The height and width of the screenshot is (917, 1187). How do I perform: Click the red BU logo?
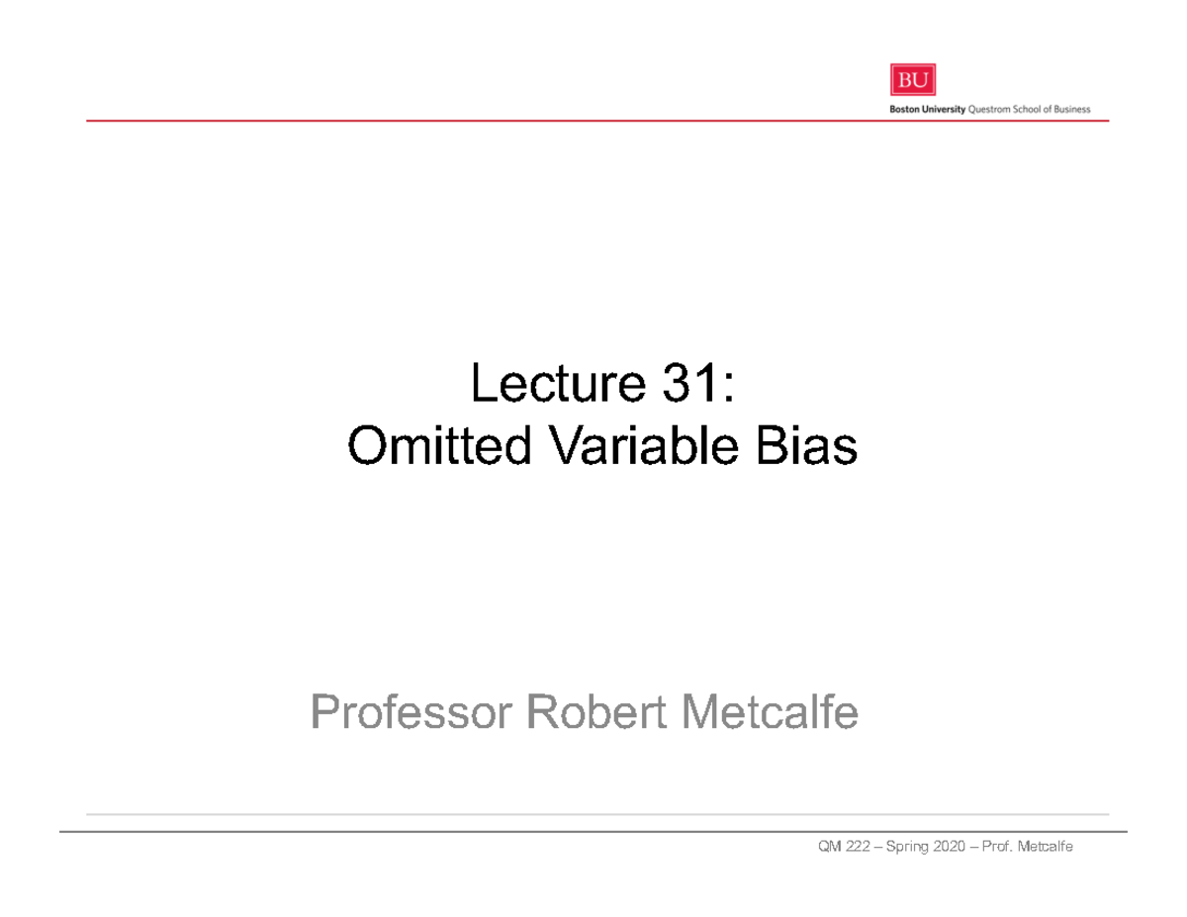912,81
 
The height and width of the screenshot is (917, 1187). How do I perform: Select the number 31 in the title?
680,385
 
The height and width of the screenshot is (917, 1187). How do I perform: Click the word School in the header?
1028,110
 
